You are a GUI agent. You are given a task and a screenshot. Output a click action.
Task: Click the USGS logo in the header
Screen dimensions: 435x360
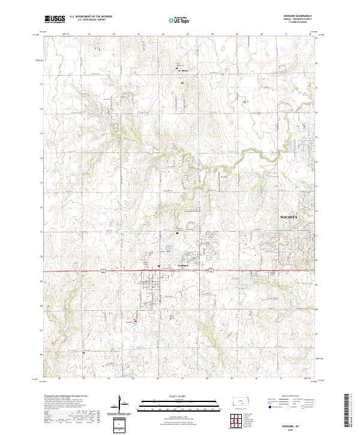[x=55, y=20]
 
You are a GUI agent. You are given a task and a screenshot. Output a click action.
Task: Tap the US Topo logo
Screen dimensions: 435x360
[x=180, y=20]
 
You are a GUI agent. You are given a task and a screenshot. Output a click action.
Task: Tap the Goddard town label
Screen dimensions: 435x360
[x=184, y=265]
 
